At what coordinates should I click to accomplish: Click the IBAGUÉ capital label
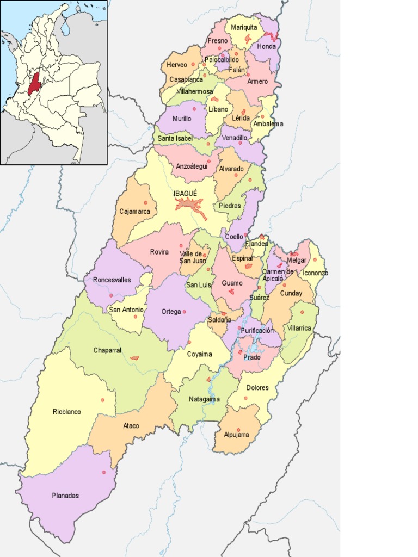pos(186,193)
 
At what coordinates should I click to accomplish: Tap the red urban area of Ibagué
pos(189,205)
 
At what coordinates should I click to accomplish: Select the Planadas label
pos(65,496)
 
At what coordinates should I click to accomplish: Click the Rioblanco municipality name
pos(66,412)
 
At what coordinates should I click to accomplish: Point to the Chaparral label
pos(107,350)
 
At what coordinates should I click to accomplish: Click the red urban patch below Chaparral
pos(134,358)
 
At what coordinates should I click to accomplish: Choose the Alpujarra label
pos(236,435)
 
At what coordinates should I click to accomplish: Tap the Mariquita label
pos(244,27)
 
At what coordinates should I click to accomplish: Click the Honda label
pos(266,47)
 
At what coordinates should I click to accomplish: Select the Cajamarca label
pos(135,211)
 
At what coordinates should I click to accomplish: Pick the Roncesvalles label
pos(112,280)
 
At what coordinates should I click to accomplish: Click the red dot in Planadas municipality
pos(103,472)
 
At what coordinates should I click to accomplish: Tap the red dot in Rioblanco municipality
pos(102,400)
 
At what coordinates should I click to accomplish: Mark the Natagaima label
pos(204,399)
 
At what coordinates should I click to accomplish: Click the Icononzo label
pos(315,273)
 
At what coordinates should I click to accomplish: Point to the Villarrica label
pos(299,328)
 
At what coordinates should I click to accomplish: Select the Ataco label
pos(131,425)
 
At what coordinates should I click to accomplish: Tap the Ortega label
pos(171,312)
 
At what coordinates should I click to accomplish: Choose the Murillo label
pos(182,119)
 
